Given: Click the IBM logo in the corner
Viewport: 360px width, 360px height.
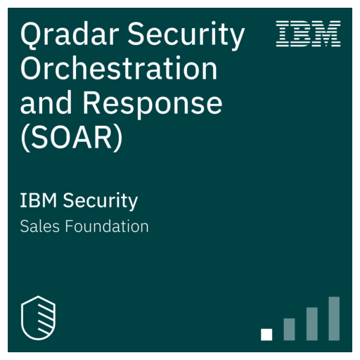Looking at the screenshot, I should point(309,34).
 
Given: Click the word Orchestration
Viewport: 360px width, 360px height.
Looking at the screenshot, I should point(118,69).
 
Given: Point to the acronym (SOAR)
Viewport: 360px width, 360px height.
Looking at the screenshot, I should point(72,138).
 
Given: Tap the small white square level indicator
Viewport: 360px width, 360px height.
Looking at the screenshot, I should point(266,335).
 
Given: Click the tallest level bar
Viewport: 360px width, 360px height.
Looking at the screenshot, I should point(334,319).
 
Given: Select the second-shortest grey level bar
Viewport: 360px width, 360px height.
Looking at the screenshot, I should point(289,329).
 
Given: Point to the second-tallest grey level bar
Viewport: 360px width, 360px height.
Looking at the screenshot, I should point(311,324).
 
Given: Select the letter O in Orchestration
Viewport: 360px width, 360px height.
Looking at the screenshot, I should point(31,69).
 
